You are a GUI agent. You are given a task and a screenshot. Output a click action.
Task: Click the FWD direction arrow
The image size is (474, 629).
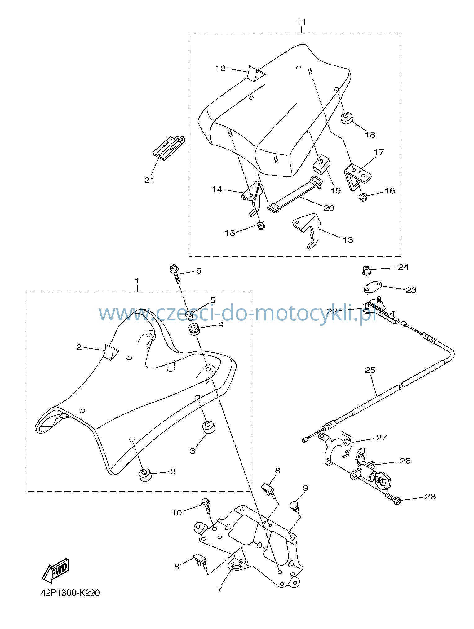pyautogui.click(x=56, y=570)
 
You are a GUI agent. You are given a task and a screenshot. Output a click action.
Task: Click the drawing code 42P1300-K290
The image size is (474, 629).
pyautogui.click(x=71, y=593)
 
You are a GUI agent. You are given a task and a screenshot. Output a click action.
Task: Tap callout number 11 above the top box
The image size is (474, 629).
pyautogui.click(x=301, y=22)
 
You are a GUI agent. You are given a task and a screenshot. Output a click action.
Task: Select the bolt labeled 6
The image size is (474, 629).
pyautogui.click(x=176, y=273)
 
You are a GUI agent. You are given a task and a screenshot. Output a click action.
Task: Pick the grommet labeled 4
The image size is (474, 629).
pyautogui.click(x=194, y=329)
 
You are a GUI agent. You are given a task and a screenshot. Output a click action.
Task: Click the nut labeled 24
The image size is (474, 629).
pyautogui.click(x=366, y=270)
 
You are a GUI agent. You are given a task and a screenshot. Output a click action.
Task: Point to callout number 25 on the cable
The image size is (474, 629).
pyautogui.click(x=370, y=370)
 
